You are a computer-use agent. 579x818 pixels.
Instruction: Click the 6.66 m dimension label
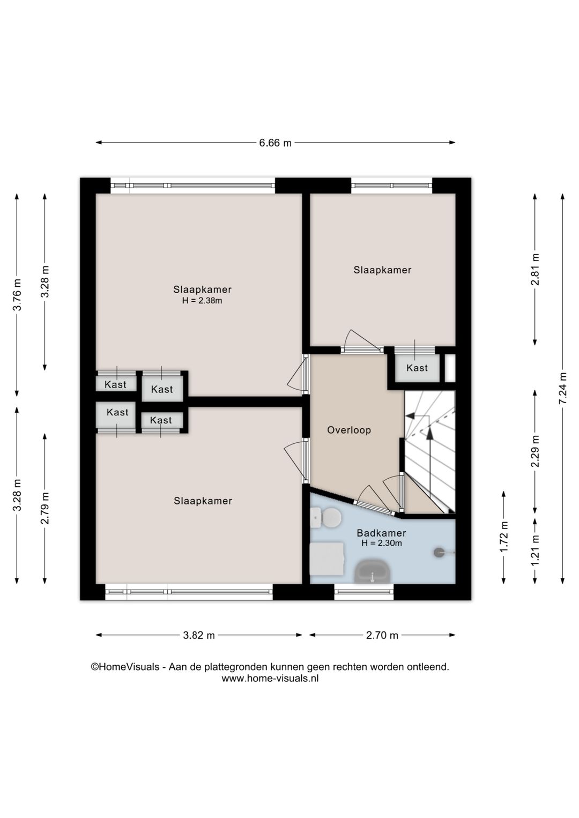275,143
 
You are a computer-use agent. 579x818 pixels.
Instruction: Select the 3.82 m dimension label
199,635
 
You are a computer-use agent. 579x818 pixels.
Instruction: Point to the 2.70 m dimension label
382,635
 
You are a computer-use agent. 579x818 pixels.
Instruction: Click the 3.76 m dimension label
17,294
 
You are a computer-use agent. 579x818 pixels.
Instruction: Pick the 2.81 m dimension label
535,270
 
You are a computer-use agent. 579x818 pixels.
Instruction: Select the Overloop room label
349,430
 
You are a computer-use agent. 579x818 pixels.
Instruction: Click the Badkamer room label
381,533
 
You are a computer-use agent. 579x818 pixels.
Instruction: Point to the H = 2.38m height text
202,301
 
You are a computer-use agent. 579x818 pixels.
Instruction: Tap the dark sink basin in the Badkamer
372,574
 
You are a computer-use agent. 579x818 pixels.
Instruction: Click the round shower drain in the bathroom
439,553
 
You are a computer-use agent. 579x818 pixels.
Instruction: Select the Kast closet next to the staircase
417,368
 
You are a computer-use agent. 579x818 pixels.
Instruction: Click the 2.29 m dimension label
535,451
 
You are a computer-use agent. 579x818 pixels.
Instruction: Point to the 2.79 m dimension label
45,508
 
